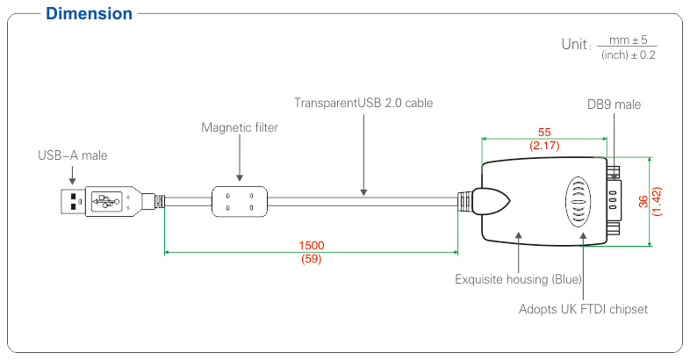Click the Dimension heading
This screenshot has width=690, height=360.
click(89, 14)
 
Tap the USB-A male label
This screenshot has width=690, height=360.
click(73, 155)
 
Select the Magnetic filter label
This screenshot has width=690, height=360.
click(240, 127)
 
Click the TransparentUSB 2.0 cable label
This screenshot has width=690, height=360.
click(363, 103)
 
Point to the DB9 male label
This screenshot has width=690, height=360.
click(614, 104)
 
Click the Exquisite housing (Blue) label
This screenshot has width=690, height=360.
click(519, 279)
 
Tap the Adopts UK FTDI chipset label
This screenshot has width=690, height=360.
click(583, 309)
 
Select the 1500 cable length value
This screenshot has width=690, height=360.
click(312, 245)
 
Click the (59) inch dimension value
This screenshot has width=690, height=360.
click(311, 259)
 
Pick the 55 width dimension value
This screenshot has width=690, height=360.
click(544, 132)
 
